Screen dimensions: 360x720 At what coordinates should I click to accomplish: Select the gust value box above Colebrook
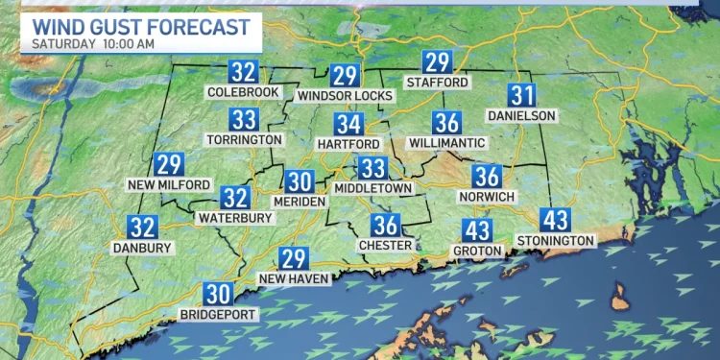point(243,72)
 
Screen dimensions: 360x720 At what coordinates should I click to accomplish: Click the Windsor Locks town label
point(344,95)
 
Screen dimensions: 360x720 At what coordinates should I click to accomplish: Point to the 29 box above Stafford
point(438,63)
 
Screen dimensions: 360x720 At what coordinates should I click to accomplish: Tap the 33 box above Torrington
point(244,120)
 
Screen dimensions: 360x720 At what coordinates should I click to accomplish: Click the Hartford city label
point(349,143)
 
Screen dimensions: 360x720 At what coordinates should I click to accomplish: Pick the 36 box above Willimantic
point(446,123)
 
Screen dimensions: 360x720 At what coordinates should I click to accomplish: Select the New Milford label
point(169,183)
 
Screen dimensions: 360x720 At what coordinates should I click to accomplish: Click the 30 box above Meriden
point(299,180)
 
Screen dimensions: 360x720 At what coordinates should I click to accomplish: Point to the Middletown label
point(372,188)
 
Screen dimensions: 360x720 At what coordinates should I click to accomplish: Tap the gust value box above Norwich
point(487,177)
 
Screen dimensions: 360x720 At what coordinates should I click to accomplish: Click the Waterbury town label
point(235,218)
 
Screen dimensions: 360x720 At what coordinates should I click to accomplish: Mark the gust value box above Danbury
point(143,228)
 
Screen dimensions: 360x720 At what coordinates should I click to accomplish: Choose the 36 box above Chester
point(386,226)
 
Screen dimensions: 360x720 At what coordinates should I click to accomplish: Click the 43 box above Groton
point(477,230)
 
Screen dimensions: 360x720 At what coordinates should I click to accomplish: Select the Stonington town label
point(556,239)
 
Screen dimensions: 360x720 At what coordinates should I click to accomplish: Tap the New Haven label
point(295,278)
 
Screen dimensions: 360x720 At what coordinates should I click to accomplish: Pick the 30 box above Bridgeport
point(218,295)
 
